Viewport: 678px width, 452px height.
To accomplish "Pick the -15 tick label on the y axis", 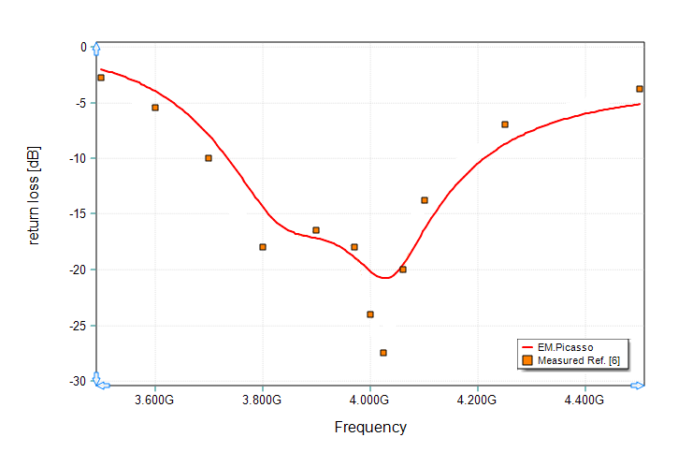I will pos(77,214).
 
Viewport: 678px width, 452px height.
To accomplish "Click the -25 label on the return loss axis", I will pos(77,326).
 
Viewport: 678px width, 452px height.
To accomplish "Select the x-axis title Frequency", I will pos(370,428).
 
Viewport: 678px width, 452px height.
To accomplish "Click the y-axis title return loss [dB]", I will pos(35,196).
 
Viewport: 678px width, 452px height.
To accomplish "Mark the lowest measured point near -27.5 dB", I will pos(383,353).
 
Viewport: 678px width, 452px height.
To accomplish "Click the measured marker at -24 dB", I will pos(370,314).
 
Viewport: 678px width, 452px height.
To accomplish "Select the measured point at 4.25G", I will pos(505,124).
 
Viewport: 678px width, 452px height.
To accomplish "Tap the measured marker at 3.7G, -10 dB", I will pos(209,158).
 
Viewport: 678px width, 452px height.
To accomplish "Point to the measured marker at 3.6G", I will pos(155,108).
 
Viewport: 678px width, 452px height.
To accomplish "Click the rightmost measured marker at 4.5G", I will pos(640,89).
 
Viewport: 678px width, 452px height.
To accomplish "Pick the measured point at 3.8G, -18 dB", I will pos(263,247).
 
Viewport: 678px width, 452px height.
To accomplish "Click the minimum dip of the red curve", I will pos(384,278).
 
